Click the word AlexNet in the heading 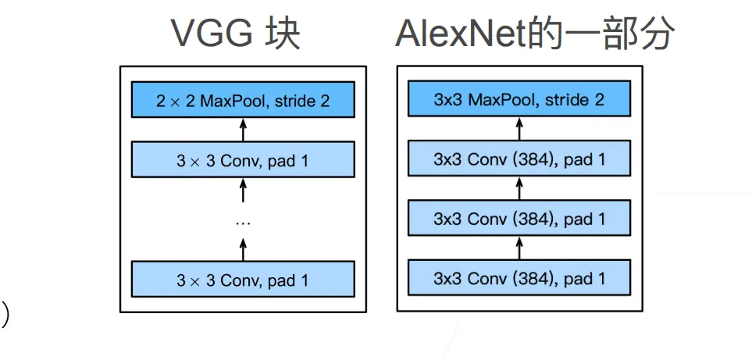click(x=460, y=34)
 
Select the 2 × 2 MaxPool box click(x=243, y=99)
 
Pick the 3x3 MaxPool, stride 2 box click(x=519, y=98)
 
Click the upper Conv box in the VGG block click(x=243, y=159)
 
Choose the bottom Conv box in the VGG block click(x=243, y=279)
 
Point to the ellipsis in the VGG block click(x=243, y=223)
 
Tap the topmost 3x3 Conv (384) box click(x=519, y=159)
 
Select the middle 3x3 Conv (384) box click(x=519, y=218)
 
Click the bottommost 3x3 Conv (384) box click(x=519, y=277)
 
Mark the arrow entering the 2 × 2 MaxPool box click(x=243, y=130)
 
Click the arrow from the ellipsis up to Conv click(x=243, y=190)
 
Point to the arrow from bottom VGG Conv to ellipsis click(x=243, y=249)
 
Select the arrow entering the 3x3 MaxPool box click(x=519, y=129)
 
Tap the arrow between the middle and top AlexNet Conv click(x=519, y=188)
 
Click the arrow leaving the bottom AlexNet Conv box click(x=519, y=248)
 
